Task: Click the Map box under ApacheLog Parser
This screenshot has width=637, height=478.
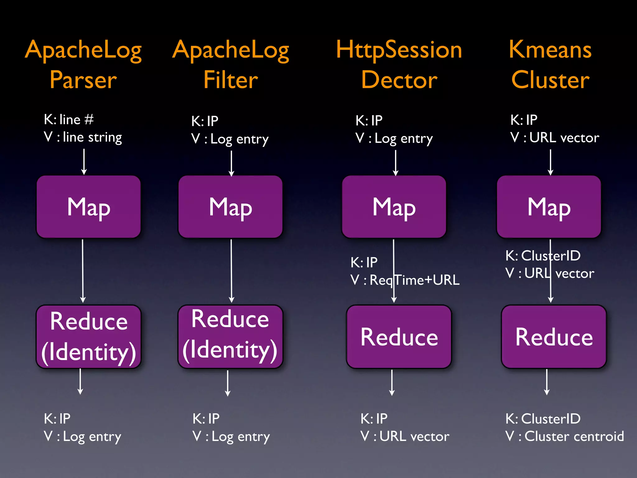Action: pyautogui.click(x=89, y=207)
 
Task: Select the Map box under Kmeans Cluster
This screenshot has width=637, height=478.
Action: pyautogui.click(x=549, y=207)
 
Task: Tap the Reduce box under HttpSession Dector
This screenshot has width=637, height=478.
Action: pyautogui.click(x=399, y=337)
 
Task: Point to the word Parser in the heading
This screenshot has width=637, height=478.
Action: pyautogui.click(x=83, y=80)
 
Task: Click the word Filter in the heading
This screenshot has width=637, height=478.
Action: pyautogui.click(x=230, y=80)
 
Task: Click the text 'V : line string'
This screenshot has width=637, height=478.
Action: pyautogui.click(x=83, y=137)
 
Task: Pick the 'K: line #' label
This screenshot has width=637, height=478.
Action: pyautogui.click(x=69, y=119)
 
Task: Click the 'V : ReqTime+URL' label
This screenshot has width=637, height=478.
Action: pyautogui.click(x=405, y=280)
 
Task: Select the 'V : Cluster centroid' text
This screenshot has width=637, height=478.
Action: pyautogui.click(x=565, y=436)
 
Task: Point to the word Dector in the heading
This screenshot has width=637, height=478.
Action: pyautogui.click(x=399, y=80)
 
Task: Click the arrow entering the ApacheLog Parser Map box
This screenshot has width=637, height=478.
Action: pyautogui.click(x=84, y=162)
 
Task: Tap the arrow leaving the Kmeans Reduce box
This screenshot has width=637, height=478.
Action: pyautogui.click(x=547, y=382)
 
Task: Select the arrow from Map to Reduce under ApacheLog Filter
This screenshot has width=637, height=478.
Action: pyautogui.click(x=231, y=271)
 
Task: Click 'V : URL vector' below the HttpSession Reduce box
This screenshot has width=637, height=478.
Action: pyautogui.click(x=405, y=436)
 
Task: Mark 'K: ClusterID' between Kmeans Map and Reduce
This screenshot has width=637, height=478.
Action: pyautogui.click(x=543, y=256)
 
